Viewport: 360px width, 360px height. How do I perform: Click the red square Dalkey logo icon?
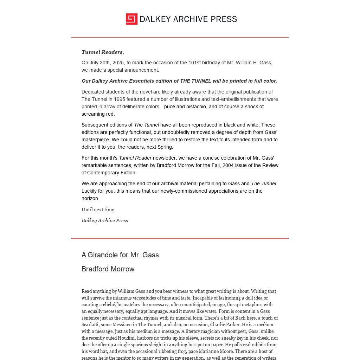[x=131, y=19]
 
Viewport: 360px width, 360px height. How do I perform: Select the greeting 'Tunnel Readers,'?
[x=103, y=52]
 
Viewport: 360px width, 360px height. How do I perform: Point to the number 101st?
[x=195, y=63]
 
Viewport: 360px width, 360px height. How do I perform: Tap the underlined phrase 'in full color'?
[x=262, y=81]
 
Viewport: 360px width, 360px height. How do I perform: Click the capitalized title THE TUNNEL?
[x=195, y=81]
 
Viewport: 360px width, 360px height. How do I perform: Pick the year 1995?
[x=120, y=99]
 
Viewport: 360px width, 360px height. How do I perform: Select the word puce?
[x=169, y=107]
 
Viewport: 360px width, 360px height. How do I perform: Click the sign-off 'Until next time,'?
[x=98, y=210]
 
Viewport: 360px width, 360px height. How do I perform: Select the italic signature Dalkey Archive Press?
[x=105, y=220]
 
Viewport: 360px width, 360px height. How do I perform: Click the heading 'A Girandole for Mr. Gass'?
[x=120, y=255]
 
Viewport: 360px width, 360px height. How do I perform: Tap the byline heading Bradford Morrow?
[x=108, y=269]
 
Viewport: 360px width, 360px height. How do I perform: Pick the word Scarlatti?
[x=92, y=324]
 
